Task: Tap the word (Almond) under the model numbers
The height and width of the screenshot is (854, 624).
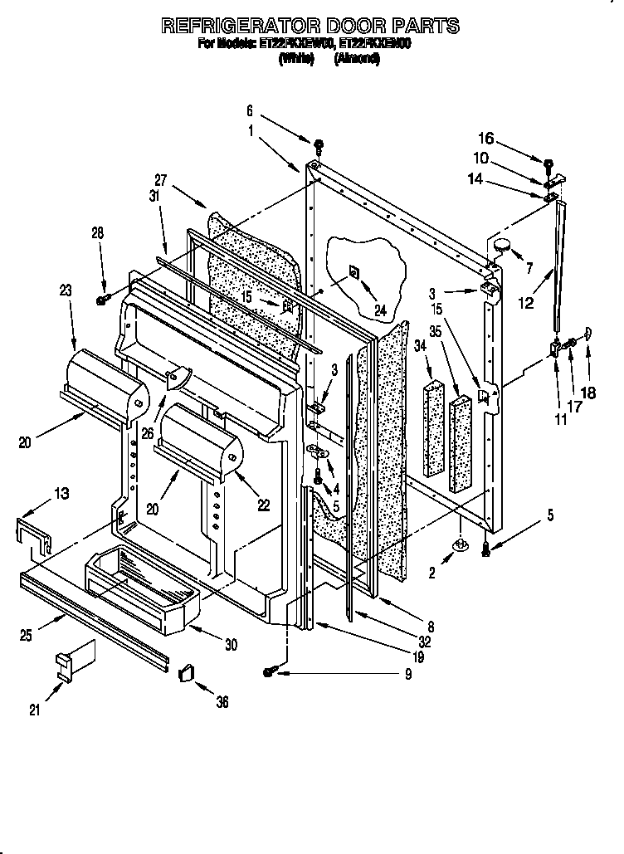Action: (356, 59)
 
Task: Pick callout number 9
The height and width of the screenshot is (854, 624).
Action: (408, 674)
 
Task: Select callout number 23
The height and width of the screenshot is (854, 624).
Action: (66, 290)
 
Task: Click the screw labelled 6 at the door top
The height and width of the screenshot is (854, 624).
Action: (319, 149)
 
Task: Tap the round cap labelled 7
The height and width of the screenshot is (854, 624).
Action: (502, 243)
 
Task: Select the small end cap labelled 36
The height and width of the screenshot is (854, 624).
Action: (186, 670)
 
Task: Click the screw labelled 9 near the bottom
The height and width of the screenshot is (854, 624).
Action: (271, 673)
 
